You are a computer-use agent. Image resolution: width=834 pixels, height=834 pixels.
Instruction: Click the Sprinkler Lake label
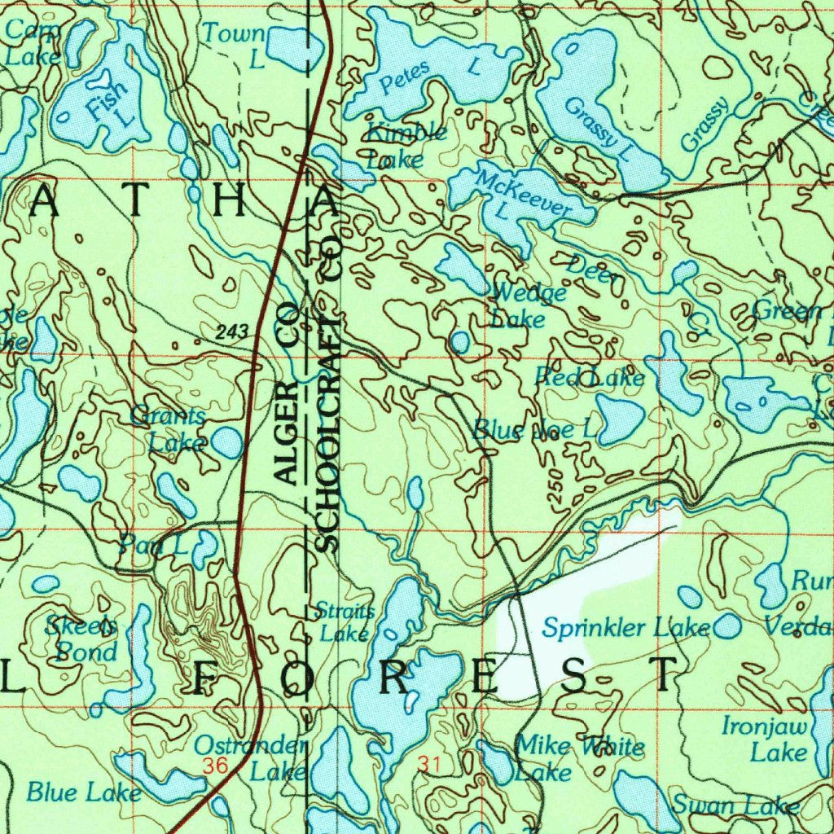[x=625, y=628]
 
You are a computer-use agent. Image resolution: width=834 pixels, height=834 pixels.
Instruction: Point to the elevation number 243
[x=232, y=331]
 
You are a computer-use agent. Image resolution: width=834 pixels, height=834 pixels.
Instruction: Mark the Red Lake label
[x=589, y=377]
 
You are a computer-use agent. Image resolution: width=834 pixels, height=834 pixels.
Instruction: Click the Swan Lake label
[x=735, y=806]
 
